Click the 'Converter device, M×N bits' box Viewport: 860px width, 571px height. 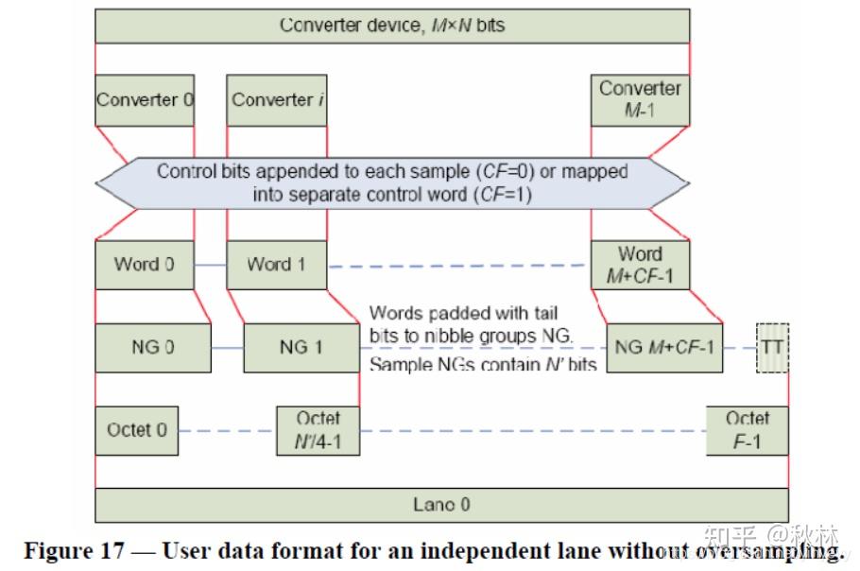click(x=393, y=26)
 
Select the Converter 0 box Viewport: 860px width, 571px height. click(x=145, y=100)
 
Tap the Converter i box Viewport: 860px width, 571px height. click(x=277, y=100)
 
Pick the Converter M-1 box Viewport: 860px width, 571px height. click(x=640, y=100)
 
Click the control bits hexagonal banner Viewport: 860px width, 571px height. click(x=393, y=183)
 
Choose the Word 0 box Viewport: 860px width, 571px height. click(x=145, y=265)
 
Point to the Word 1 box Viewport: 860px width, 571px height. click(x=277, y=265)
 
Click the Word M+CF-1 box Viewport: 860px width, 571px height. click(x=640, y=265)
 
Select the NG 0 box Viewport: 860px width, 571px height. click(x=153, y=348)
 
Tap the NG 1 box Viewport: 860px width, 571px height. click(x=301, y=348)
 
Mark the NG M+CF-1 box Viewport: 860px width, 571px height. click(x=664, y=348)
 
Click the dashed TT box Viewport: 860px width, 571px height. click(x=773, y=348)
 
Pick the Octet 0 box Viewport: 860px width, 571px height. click(x=137, y=430)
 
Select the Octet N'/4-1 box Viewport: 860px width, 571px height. click(x=318, y=430)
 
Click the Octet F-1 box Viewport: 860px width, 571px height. click(x=748, y=430)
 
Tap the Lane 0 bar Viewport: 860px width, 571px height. click(x=442, y=505)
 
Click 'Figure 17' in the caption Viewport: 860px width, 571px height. click(x=75, y=551)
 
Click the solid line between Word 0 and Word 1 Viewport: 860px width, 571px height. click(x=211, y=266)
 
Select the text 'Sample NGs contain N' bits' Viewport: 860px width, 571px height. click(x=483, y=364)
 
